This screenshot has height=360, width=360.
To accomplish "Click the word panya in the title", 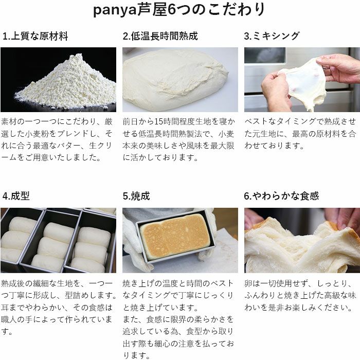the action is (115, 10).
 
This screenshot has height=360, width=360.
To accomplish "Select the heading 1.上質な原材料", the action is (35, 37).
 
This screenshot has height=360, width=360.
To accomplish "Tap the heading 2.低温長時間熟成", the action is (160, 36).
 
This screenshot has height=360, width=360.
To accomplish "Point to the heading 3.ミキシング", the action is (272, 36).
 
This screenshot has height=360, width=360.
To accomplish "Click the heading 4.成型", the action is (16, 196).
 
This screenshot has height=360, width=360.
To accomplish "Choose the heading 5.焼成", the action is (136, 196).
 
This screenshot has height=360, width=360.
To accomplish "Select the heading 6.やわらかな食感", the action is (281, 196).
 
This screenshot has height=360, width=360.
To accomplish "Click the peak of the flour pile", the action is (79, 55).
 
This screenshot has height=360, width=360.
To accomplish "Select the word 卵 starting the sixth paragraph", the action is (248, 283).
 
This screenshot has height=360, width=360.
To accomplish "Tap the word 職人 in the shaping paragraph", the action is (9, 319).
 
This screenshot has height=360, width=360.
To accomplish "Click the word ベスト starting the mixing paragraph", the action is (256, 121).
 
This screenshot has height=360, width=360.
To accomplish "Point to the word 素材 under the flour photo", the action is (9, 121).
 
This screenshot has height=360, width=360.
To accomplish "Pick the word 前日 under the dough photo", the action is (131, 121).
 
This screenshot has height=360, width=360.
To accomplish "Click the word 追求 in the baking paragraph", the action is (131, 331).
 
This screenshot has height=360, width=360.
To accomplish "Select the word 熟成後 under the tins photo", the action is (13, 283).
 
